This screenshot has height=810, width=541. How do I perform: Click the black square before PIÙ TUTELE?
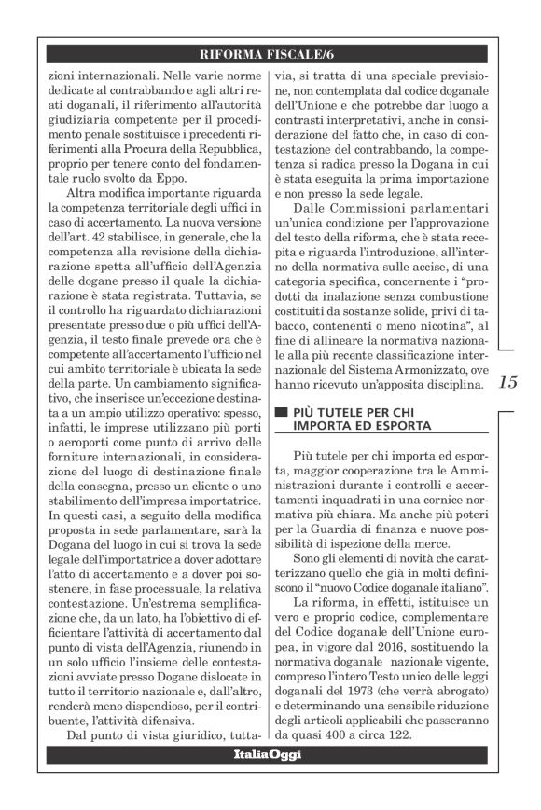274,412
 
